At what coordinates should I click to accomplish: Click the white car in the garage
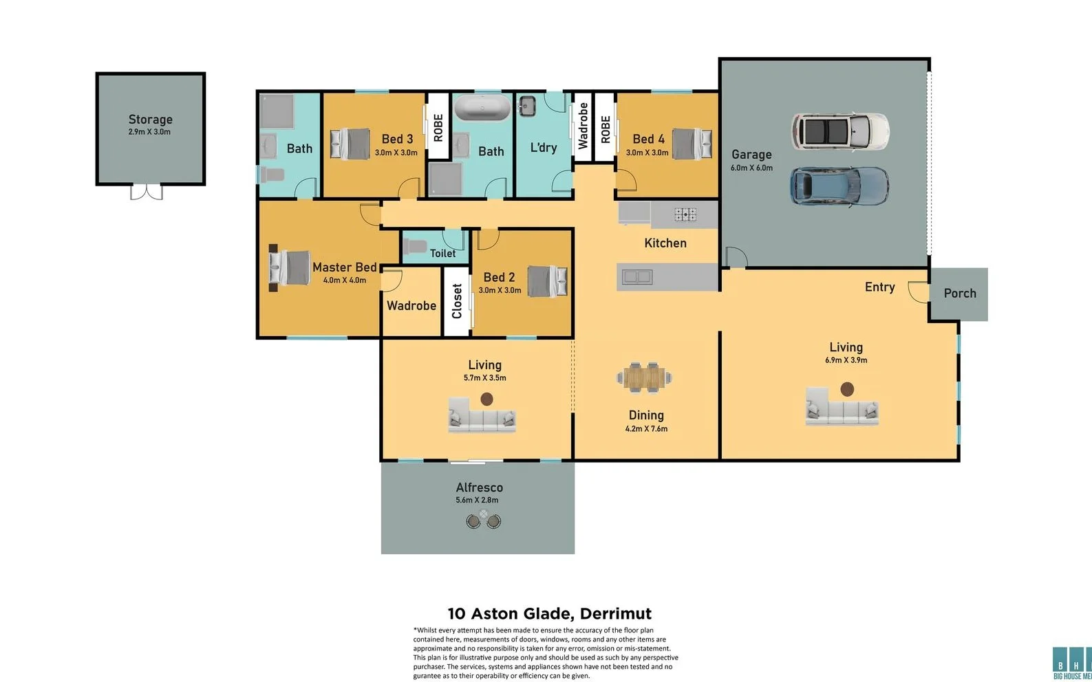(x=839, y=131)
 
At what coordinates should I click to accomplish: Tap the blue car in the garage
(x=839, y=186)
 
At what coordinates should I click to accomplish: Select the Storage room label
(x=150, y=120)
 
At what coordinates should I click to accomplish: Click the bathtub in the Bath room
(x=482, y=109)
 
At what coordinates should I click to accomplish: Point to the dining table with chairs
(x=645, y=377)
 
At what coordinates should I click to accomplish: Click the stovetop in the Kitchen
(x=685, y=214)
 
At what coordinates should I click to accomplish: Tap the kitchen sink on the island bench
(x=636, y=277)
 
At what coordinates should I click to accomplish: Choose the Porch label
(x=959, y=294)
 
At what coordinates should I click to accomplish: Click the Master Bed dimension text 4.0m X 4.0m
(x=345, y=280)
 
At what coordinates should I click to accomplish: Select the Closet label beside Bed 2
(x=456, y=302)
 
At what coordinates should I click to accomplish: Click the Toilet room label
(x=442, y=254)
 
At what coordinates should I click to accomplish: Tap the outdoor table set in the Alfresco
(x=484, y=520)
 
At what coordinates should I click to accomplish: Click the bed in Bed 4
(x=692, y=144)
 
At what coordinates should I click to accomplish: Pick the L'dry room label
(x=543, y=148)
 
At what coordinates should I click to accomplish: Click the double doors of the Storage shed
(x=147, y=192)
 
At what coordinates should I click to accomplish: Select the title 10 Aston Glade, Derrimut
(x=549, y=613)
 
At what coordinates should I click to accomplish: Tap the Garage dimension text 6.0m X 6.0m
(x=751, y=168)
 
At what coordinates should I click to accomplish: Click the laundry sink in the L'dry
(x=527, y=106)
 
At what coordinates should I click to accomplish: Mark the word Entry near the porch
(x=879, y=287)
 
